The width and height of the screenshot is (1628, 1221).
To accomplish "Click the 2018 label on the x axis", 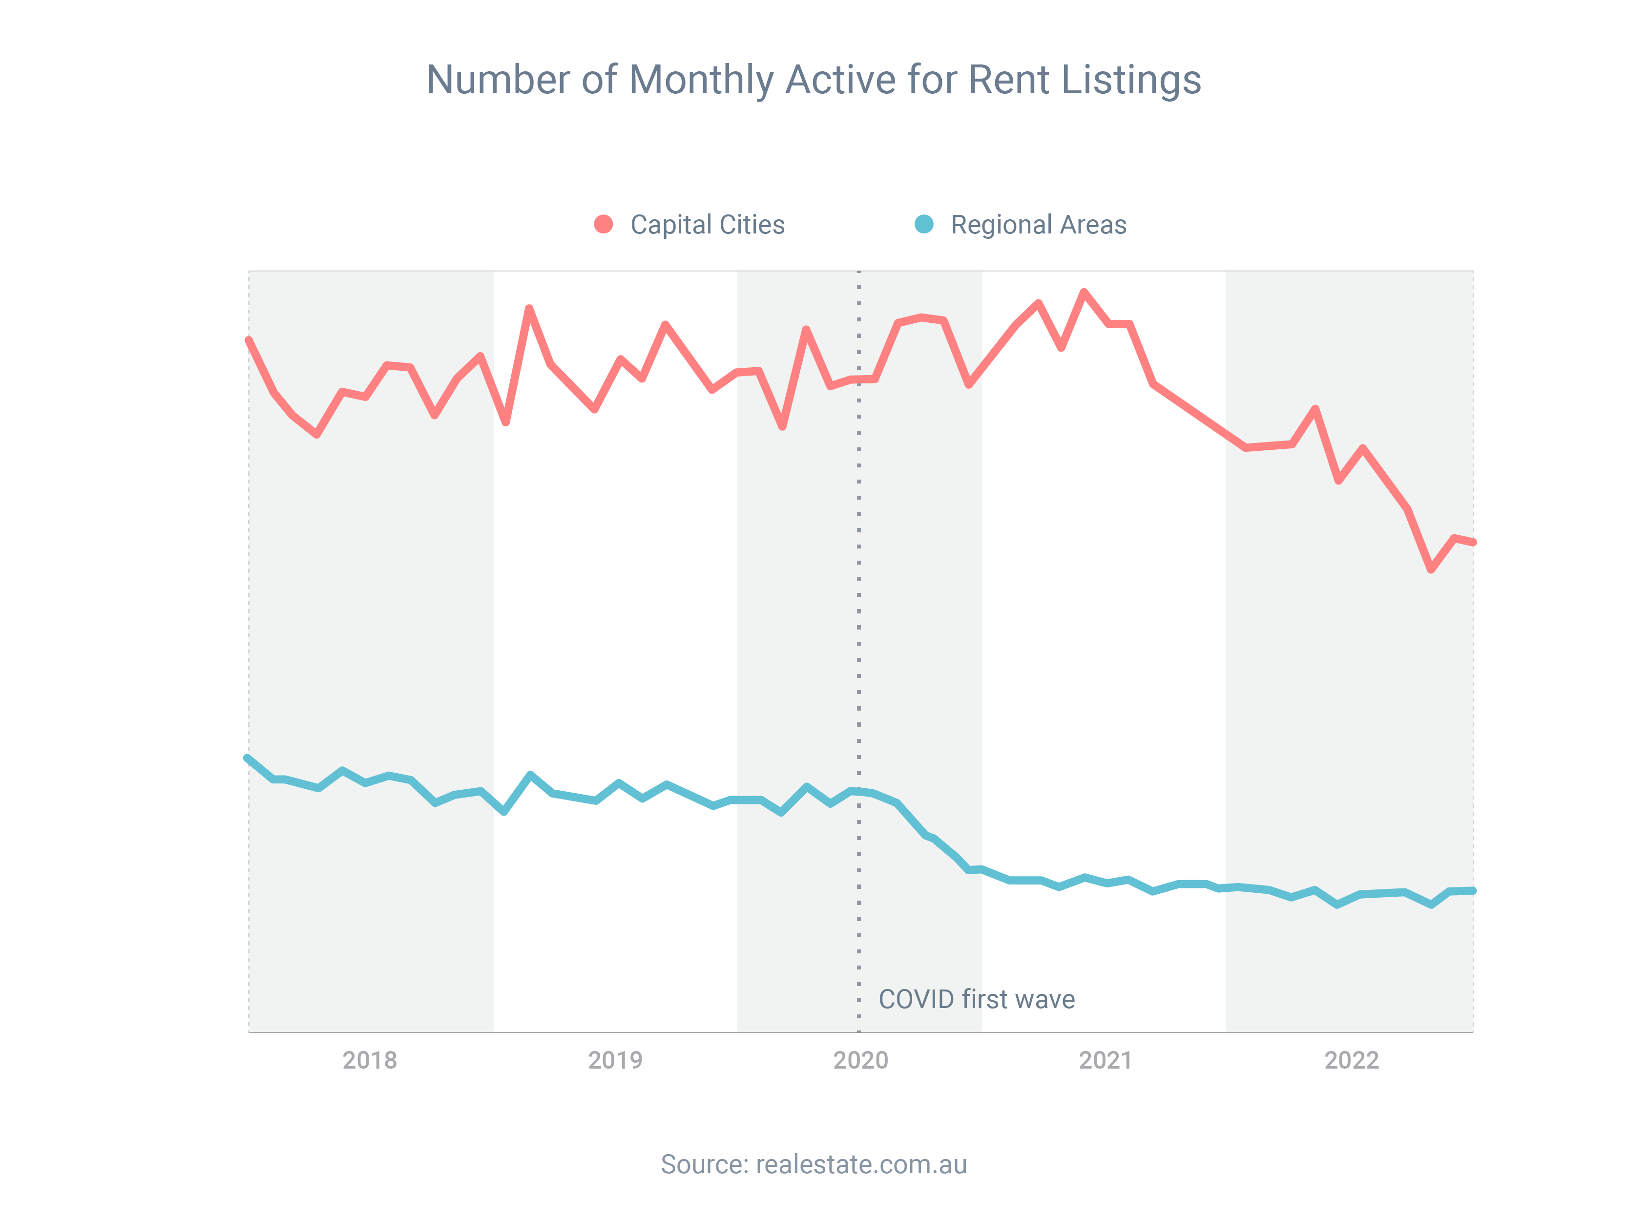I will coord(370,1060).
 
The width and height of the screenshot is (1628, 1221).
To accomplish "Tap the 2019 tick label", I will coord(615,1060).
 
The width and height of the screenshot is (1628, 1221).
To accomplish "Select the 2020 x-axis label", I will coord(860,1060).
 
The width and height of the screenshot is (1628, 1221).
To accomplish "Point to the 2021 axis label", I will coord(1106,1060).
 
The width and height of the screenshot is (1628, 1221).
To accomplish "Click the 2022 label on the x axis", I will coord(1351,1060).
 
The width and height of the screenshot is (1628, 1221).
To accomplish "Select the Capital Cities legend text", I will coord(707,225).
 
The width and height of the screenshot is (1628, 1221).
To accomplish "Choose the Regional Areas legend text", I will coord(1039,225).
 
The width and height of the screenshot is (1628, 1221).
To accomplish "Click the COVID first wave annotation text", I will coord(977,999).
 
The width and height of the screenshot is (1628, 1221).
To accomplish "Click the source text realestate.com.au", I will coord(861,1164).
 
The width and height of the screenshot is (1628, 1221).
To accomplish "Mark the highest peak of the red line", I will coord(1084,292).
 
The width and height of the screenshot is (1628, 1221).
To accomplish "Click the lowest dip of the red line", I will coord(1431,569).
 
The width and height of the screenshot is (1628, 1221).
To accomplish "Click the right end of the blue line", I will coord(1473,890).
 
